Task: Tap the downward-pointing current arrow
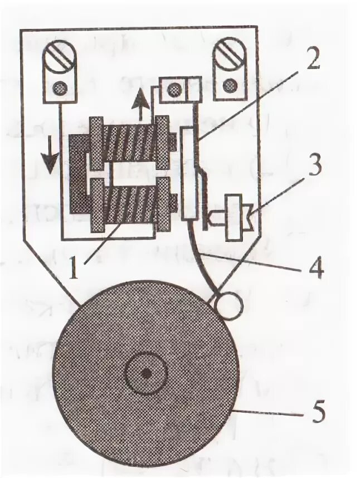pyautogui.click(x=51, y=159)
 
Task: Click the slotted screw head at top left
pyautogui.click(x=59, y=53)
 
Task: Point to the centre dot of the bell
pyautogui.click(x=145, y=373)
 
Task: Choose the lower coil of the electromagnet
pyautogui.click(x=129, y=205)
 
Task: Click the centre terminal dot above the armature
pyautogui.click(x=173, y=89)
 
